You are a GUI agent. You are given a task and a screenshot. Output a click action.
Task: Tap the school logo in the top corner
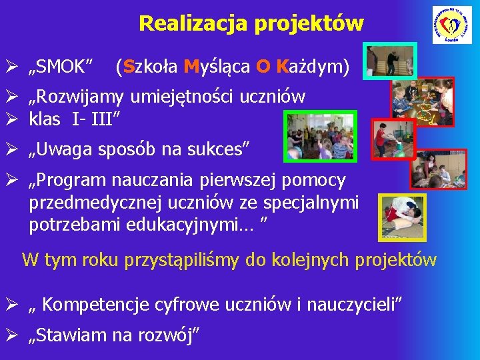pos(451,25)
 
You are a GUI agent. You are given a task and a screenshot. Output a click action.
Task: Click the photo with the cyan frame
pos(391,61)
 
